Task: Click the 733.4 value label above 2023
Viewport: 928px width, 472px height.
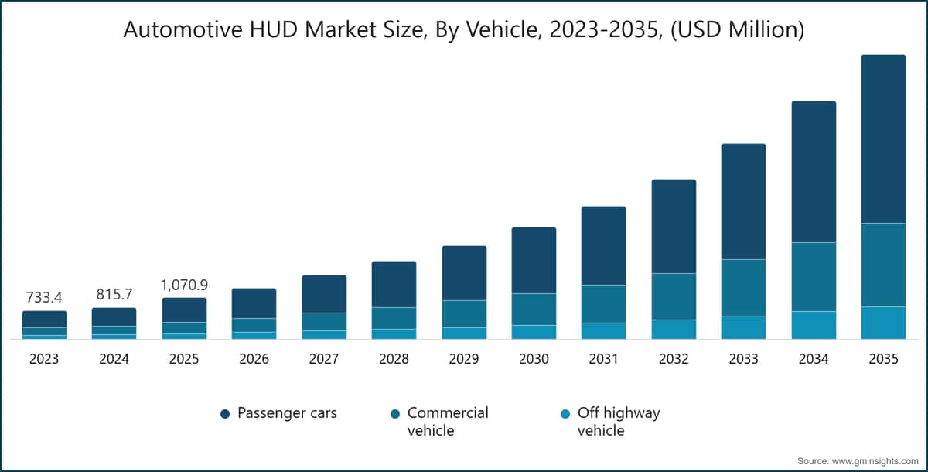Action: [x=44, y=298]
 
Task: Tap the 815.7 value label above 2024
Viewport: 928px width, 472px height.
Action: [x=114, y=295]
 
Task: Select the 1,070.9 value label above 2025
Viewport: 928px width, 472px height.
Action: [x=184, y=285]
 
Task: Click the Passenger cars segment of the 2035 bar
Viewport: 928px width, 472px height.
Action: [x=883, y=139]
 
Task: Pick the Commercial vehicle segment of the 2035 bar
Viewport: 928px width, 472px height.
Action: [x=883, y=265]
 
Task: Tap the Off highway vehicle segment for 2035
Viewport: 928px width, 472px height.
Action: [x=883, y=323]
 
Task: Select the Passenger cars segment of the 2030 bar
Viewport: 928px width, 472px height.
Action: [x=534, y=260]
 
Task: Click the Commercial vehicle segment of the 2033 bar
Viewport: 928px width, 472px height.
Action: [x=743, y=287]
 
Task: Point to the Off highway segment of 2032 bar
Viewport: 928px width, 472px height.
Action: [x=674, y=329]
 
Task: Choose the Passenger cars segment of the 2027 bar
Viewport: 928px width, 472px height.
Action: [x=324, y=294]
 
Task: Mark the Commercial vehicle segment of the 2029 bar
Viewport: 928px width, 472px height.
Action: [x=464, y=313]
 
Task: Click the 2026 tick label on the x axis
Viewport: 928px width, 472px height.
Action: [x=254, y=359]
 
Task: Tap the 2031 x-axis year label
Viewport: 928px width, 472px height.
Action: [x=603, y=359]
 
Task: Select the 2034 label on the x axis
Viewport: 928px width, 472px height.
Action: [x=813, y=359]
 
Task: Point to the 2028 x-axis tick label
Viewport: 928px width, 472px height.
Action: [x=394, y=359]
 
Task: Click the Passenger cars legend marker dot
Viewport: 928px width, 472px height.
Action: [x=225, y=414]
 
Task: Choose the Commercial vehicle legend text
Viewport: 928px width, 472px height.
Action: [x=448, y=421]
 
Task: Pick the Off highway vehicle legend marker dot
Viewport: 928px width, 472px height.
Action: [x=565, y=414]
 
